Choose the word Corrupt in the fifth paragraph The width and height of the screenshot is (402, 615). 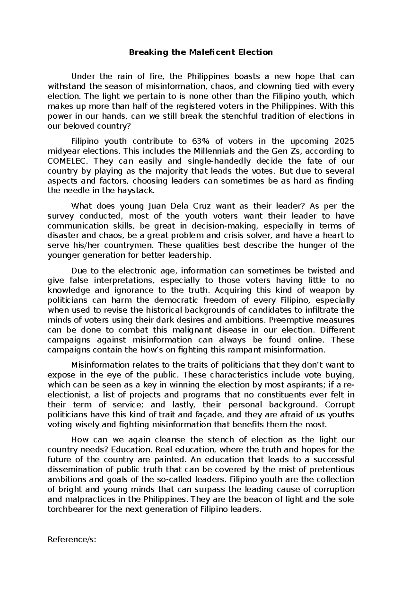tap(339, 405)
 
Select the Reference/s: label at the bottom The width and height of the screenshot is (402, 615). tap(72, 540)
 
